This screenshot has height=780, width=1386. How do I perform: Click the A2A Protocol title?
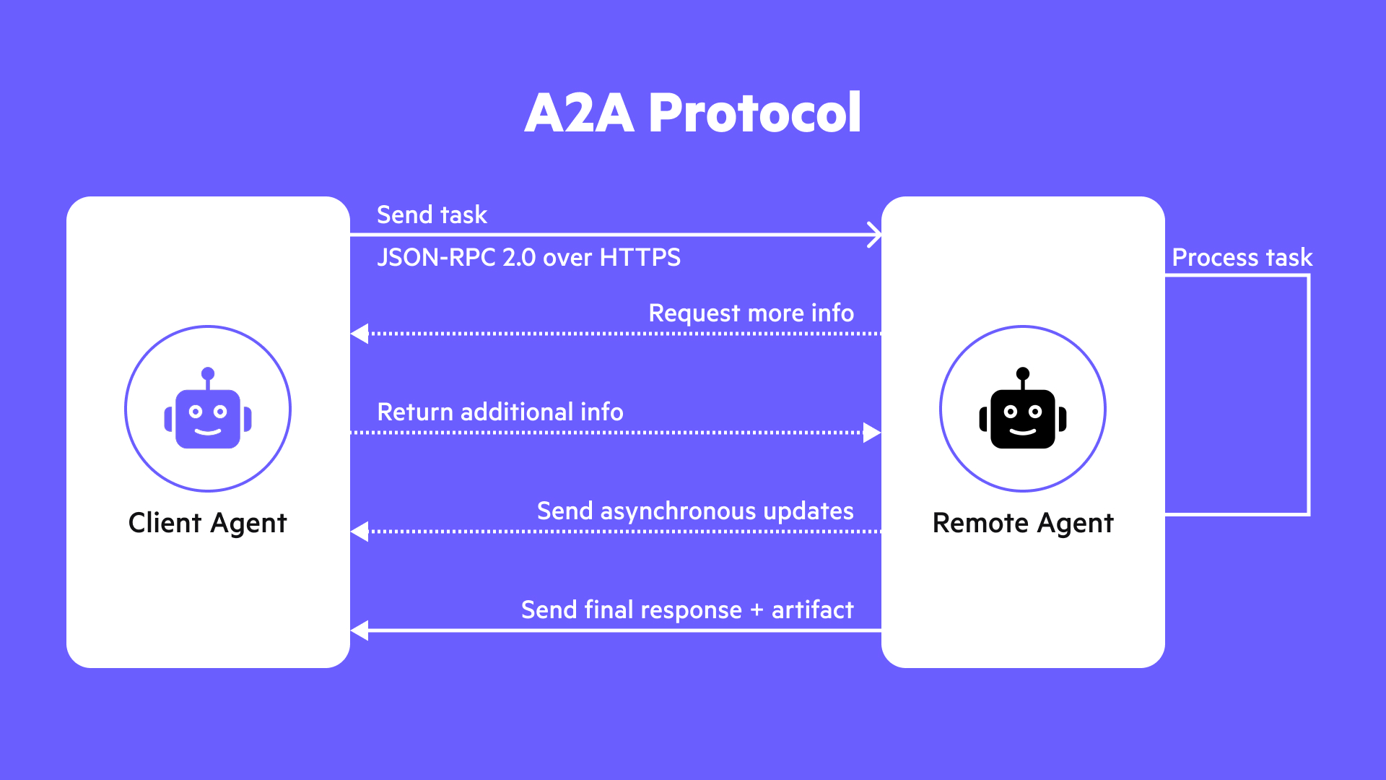point(693,113)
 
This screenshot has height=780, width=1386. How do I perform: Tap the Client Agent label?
point(208,523)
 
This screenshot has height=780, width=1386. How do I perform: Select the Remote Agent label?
point(1023,523)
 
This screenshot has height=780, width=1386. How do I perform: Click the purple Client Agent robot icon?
point(208,410)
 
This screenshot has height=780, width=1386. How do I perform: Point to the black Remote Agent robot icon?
point(1023,410)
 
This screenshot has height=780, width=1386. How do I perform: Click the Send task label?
point(432,215)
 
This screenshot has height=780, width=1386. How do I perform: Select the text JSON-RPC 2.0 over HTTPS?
point(528,258)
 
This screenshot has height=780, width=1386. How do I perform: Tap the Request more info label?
point(751,313)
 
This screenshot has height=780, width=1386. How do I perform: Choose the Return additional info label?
point(500,412)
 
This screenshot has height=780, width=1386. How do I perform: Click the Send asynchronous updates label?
point(695,511)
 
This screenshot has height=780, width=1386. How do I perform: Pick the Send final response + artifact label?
point(687,610)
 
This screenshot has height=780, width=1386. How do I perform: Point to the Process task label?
point(1242,258)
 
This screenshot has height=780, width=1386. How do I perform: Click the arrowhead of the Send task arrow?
point(874,235)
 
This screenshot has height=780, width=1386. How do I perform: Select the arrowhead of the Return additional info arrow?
point(872,433)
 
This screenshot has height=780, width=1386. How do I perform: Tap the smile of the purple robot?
point(208,432)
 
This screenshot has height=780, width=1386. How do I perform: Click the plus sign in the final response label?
point(757,610)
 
